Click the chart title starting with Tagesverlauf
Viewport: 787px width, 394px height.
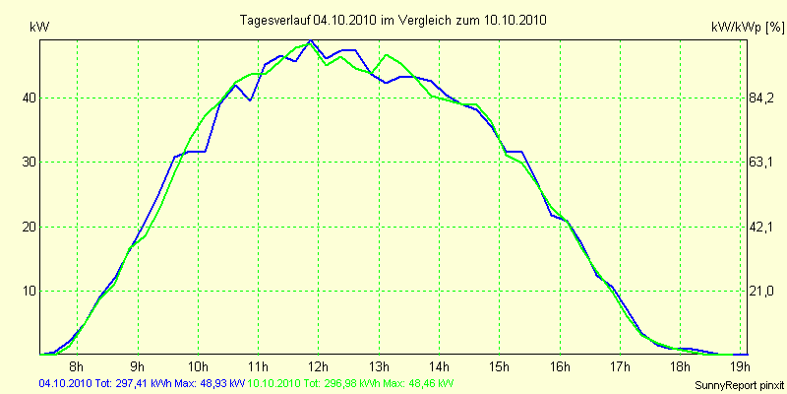[x=393, y=20]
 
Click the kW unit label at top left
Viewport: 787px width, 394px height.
[x=39, y=29]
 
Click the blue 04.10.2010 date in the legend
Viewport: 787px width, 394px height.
[x=65, y=383]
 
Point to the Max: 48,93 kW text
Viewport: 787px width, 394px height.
[x=210, y=383]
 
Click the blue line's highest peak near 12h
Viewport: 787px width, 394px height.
[x=311, y=41]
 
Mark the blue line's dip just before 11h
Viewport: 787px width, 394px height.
[x=250, y=100]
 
